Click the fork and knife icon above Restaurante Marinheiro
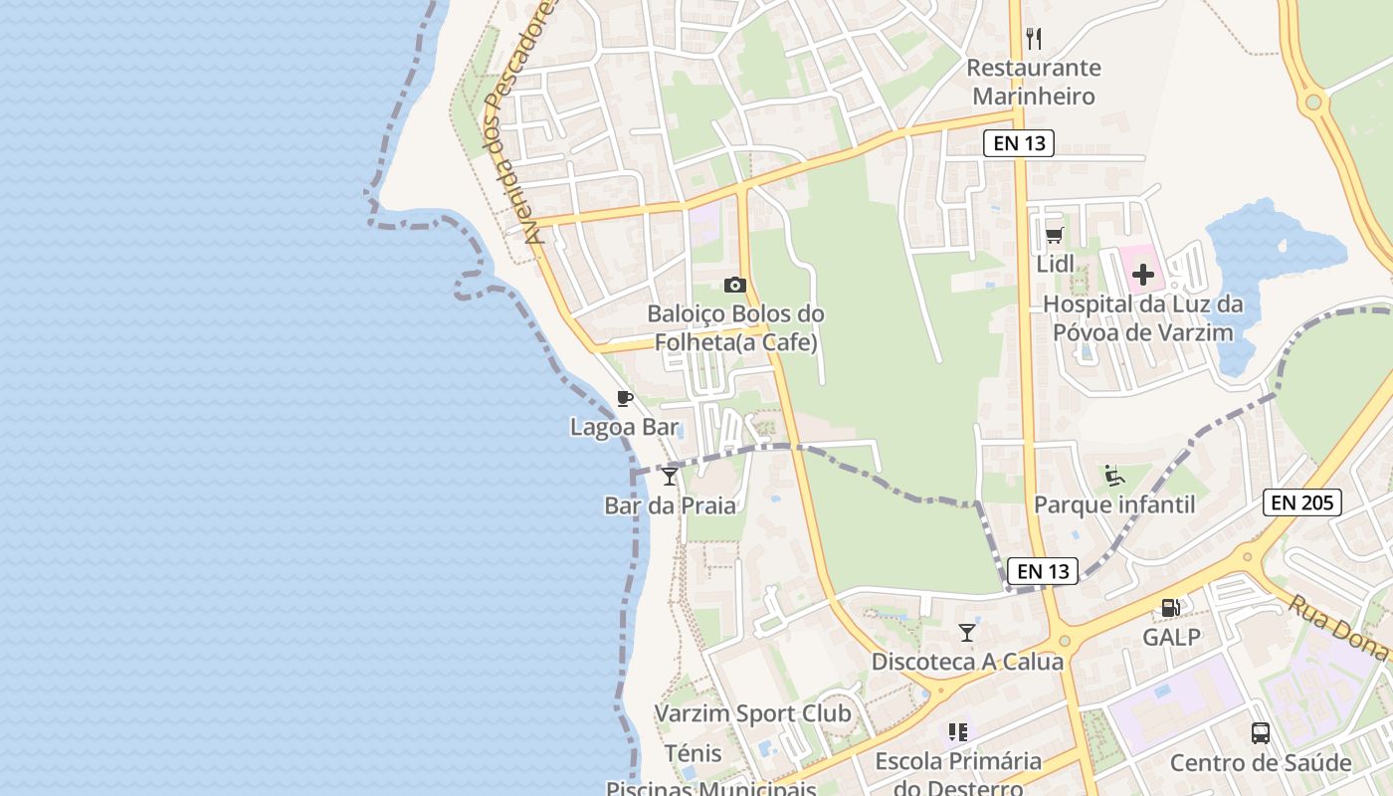pos(1034,39)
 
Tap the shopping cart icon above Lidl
pos(1055,236)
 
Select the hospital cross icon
pos(1143,275)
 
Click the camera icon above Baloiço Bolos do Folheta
pos(735,286)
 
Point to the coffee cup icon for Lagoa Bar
pos(625,399)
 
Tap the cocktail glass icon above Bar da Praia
pos(670,477)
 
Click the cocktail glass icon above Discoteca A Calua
pos(967,633)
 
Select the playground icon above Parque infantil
pos(1114,476)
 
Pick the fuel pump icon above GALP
pos(1171,607)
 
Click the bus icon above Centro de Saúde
pos(1261,733)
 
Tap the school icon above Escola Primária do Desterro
pos(958,733)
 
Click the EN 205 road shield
pos(1302,502)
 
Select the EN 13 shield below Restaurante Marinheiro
pos(1020,143)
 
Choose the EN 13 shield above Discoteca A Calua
pos(1044,571)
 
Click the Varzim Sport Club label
pos(752,713)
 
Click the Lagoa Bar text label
pos(624,427)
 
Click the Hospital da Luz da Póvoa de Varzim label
pos(1143,318)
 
